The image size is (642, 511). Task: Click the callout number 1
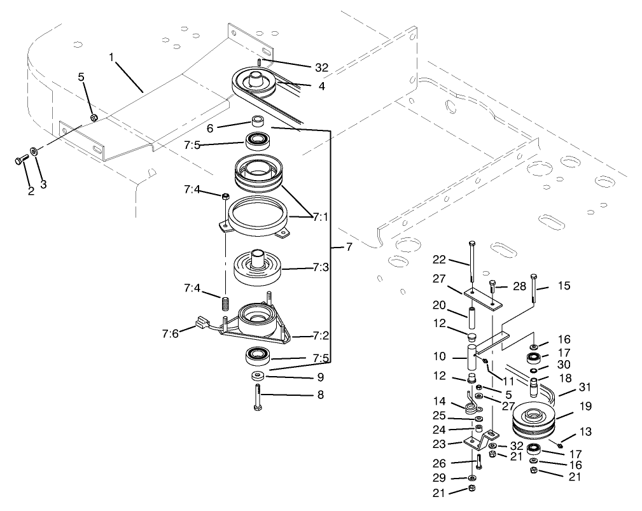111,57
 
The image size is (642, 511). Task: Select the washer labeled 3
36,152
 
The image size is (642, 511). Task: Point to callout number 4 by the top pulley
321,86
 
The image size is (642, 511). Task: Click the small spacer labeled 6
257,120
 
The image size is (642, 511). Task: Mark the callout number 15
564,286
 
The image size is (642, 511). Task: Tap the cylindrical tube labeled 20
473,318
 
